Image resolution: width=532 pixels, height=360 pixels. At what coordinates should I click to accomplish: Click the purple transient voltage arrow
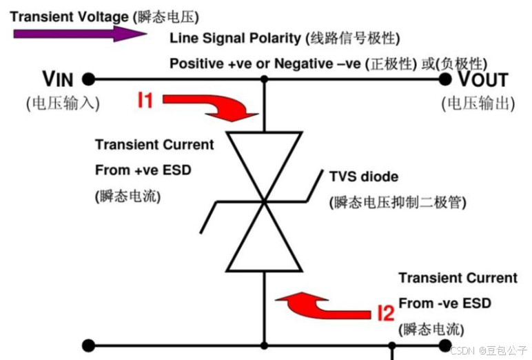[76, 34]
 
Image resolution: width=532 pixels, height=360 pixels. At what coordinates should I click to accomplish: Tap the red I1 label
[144, 101]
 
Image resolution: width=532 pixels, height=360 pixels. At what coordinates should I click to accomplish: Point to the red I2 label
[386, 314]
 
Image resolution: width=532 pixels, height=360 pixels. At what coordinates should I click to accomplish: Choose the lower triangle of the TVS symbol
[265, 241]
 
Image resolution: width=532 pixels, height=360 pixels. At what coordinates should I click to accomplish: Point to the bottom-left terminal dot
[88, 345]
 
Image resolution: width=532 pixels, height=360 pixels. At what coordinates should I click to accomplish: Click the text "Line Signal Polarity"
[234, 38]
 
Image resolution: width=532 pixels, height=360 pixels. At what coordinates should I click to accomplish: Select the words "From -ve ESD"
[444, 303]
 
